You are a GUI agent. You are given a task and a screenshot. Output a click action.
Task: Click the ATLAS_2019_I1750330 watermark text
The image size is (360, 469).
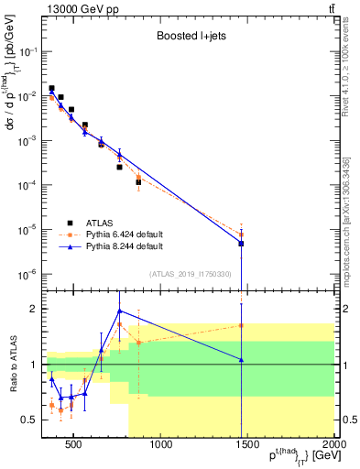pyautogui.click(x=190, y=274)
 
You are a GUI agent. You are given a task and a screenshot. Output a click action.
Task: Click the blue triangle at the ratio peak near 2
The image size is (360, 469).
pyautogui.click(x=120, y=311)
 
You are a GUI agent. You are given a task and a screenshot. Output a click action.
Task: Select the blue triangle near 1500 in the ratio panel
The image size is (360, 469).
pyautogui.click(x=241, y=360)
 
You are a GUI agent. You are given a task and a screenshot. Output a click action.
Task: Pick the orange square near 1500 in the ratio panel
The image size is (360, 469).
pyautogui.click(x=241, y=325)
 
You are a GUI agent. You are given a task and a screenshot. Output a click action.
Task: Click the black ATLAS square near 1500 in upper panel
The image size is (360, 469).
pyautogui.click(x=241, y=244)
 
